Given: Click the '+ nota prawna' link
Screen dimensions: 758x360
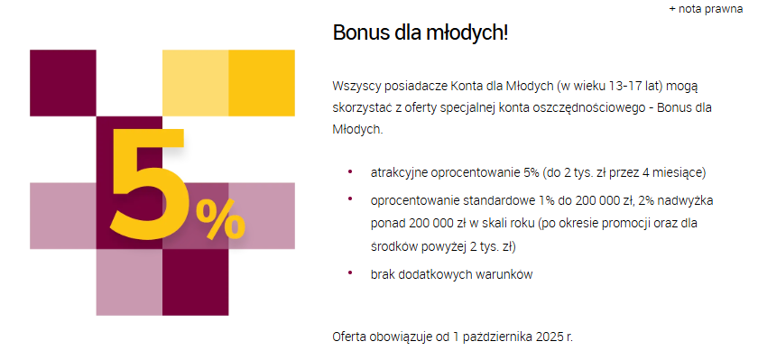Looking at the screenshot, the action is click(706, 9).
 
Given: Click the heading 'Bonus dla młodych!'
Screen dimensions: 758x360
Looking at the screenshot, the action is click(421, 33).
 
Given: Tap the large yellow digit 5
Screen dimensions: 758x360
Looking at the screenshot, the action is click(147, 184).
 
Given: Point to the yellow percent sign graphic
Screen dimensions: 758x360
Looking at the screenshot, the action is click(219, 219).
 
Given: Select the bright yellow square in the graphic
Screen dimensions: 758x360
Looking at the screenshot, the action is click(262, 83).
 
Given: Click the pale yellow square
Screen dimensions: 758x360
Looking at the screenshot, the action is click(195, 83).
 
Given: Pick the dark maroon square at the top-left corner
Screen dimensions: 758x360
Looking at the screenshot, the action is click(63, 83).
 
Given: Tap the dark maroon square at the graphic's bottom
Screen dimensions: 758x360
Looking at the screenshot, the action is click(195, 282).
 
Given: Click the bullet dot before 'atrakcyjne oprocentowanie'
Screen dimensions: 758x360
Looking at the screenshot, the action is click(349, 171).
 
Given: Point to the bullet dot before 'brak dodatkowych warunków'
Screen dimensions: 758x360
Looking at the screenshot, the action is click(349, 272).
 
